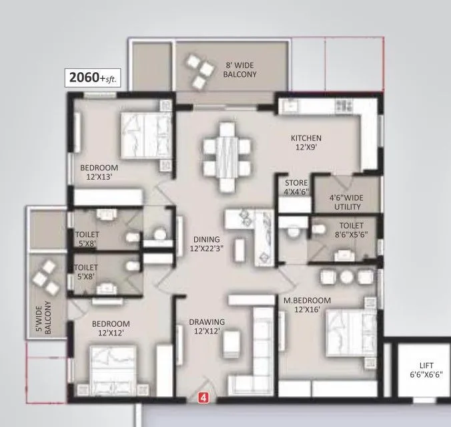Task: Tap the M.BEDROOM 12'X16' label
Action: (306, 305)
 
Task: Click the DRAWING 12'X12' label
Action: (207, 326)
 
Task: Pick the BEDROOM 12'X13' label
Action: (99, 172)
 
